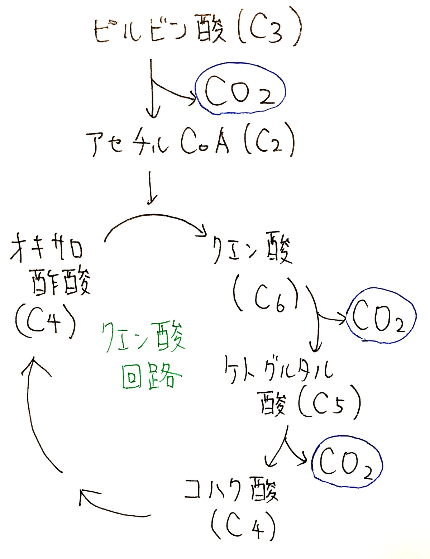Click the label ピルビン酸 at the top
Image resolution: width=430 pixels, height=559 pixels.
159,29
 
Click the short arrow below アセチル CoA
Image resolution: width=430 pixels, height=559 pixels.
152,188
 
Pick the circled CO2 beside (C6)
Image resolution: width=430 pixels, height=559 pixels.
380,315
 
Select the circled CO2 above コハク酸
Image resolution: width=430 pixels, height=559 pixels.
347,462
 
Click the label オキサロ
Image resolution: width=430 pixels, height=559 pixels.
47,247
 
